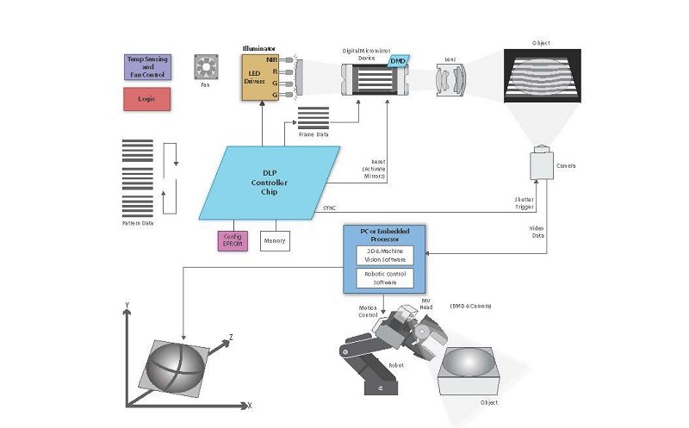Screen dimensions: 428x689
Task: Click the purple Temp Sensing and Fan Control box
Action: [147, 67]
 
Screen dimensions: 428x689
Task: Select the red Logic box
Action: [147, 99]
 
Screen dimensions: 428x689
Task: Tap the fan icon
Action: [205, 68]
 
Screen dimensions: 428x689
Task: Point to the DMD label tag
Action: [398, 61]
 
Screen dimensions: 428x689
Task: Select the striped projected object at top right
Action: [542, 77]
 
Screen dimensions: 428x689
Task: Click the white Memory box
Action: [275, 240]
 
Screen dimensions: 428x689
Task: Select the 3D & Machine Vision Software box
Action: [385, 255]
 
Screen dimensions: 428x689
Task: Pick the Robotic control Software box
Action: [385, 278]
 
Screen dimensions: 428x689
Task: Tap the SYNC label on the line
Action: [328, 208]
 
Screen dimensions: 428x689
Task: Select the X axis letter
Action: [250, 404]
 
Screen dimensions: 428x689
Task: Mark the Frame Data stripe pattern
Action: [313, 116]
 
